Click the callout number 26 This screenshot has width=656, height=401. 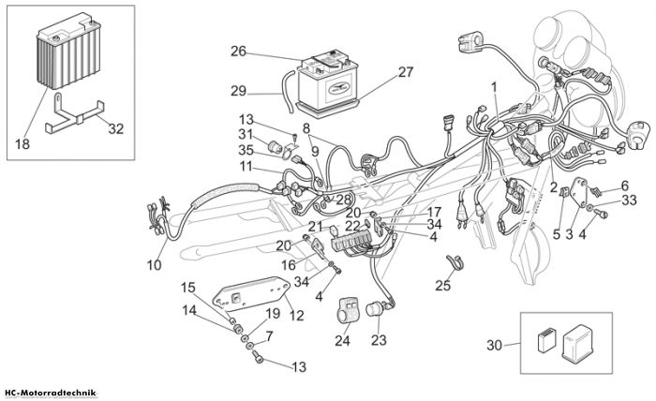tap(238, 52)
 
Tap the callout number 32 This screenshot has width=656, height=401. tap(116, 128)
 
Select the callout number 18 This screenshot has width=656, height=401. tap(22, 144)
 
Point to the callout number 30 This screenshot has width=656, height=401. tap(494, 346)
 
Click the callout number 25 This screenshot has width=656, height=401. tap(443, 286)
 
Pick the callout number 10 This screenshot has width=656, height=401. tap(154, 265)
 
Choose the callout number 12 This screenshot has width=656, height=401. tap(296, 315)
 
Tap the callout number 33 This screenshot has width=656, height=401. tap(629, 200)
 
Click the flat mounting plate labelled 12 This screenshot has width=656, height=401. tap(252, 294)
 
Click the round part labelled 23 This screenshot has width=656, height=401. tap(376, 310)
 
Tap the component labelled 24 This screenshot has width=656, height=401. tap(349, 310)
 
